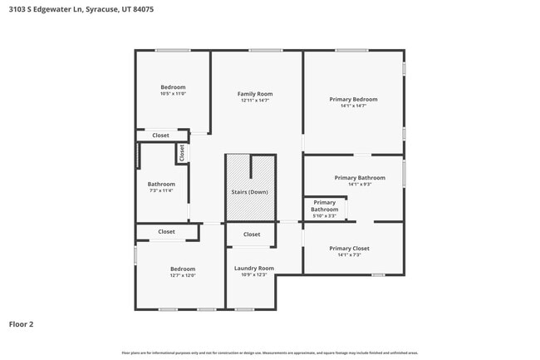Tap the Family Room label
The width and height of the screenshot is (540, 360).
[x=255, y=94]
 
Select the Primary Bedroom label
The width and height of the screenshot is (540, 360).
[x=353, y=99]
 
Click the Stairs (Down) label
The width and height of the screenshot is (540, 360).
[x=249, y=192]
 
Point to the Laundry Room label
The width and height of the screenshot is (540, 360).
[x=253, y=268]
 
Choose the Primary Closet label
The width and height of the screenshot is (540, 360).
[x=349, y=248]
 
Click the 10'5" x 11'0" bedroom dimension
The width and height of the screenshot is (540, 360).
[x=173, y=94]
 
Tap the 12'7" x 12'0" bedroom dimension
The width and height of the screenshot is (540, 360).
[x=183, y=275]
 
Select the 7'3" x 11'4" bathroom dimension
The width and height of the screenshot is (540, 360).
[x=161, y=190]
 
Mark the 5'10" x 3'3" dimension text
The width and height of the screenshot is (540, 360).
[x=325, y=216]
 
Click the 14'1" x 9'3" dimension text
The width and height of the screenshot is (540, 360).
[x=359, y=185]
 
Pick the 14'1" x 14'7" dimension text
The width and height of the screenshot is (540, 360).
[x=353, y=106]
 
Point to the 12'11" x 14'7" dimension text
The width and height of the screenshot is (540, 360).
[x=255, y=101]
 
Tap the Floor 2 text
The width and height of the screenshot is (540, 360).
[x=22, y=324]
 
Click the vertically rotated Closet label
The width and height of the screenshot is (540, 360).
[x=181, y=153]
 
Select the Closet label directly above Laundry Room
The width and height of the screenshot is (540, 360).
[x=252, y=234]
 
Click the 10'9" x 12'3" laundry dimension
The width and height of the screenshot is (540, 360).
[x=253, y=274]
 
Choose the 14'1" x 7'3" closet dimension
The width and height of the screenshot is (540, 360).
[x=349, y=255]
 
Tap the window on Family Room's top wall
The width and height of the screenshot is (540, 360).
[x=265, y=51]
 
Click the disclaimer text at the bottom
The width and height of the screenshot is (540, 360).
[x=270, y=353]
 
